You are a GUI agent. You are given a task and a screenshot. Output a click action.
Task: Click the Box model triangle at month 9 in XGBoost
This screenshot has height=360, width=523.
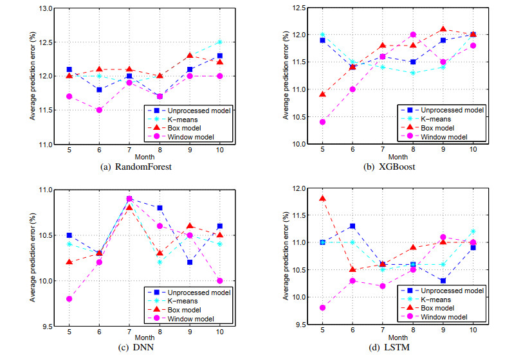(x=443, y=30)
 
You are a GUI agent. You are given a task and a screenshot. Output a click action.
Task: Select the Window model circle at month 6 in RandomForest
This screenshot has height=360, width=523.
(x=98, y=110)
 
